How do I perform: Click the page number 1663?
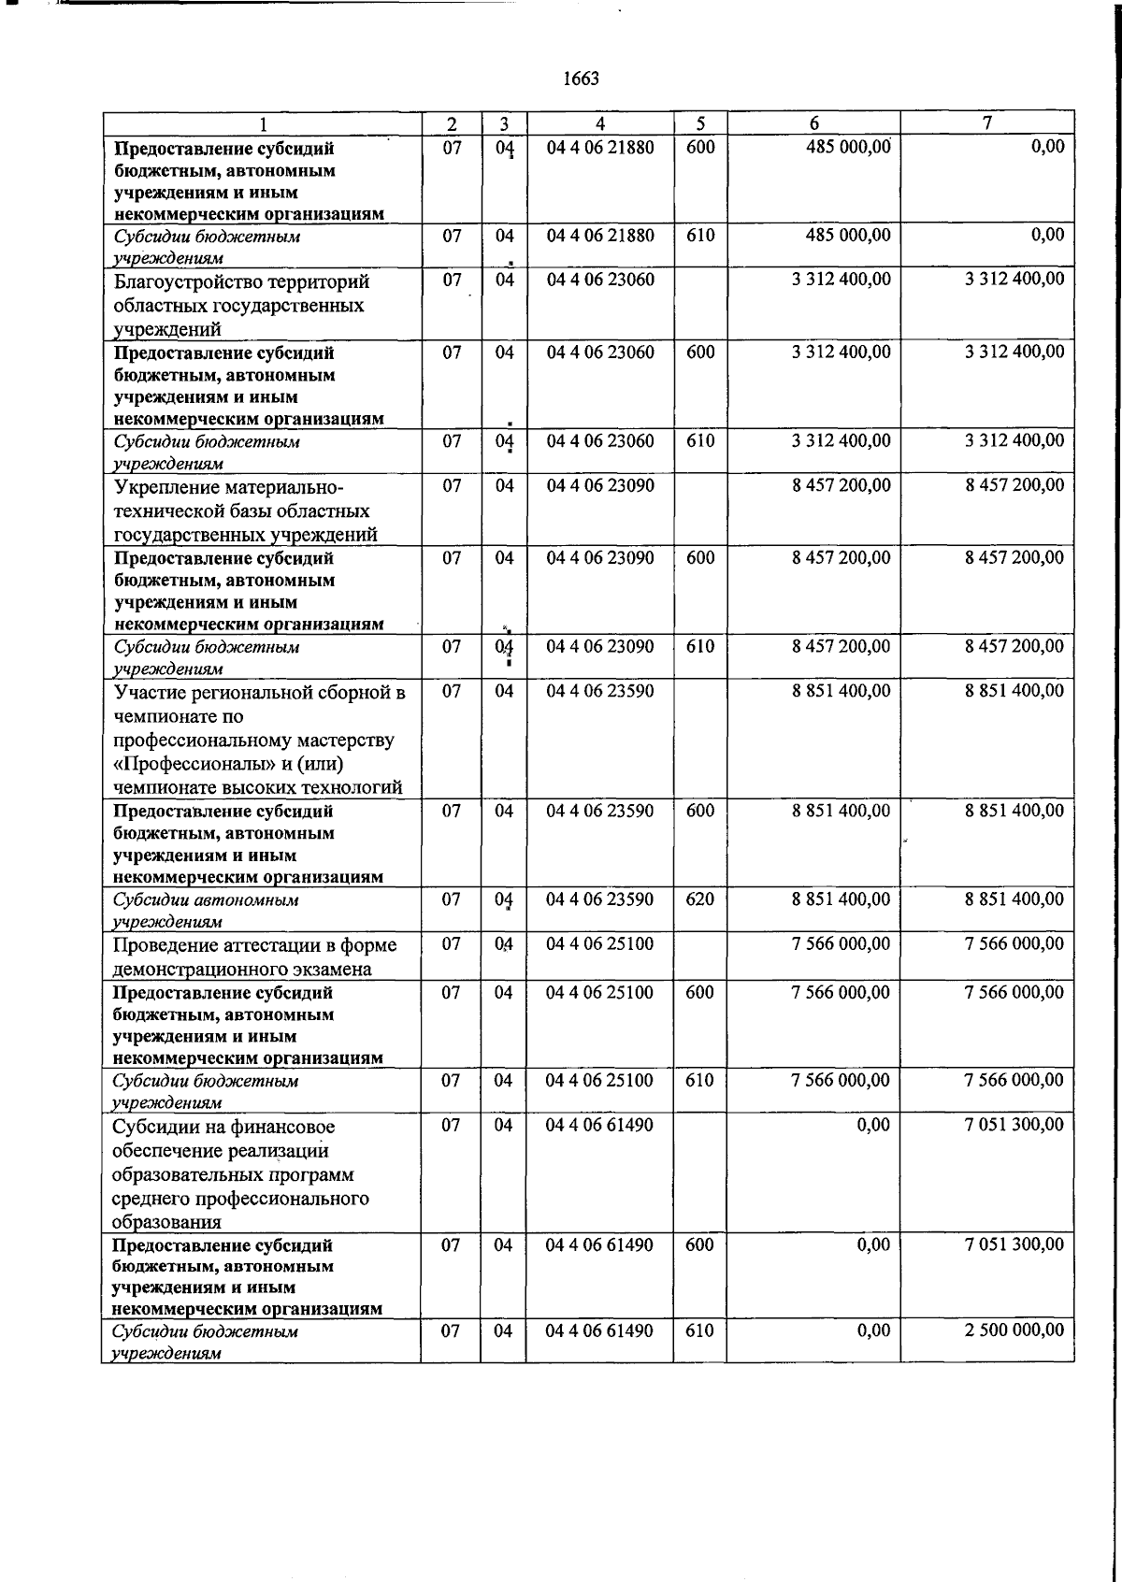pyautogui.click(x=581, y=79)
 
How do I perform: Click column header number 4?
pyautogui.click(x=599, y=123)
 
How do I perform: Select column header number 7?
pyautogui.click(x=987, y=123)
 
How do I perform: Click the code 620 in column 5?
pyautogui.click(x=699, y=899)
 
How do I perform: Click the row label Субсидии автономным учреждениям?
pyautogui.click(x=206, y=910)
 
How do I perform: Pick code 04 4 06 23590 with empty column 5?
pyautogui.click(x=599, y=691)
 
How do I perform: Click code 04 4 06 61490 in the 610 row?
pyautogui.click(x=599, y=1330)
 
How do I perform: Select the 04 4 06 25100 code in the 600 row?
pyautogui.click(x=599, y=992)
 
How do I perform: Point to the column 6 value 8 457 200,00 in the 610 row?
pyautogui.click(x=841, y=646)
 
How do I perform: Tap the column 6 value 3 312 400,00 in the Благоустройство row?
pyautogui.click(x=841, y=280)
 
